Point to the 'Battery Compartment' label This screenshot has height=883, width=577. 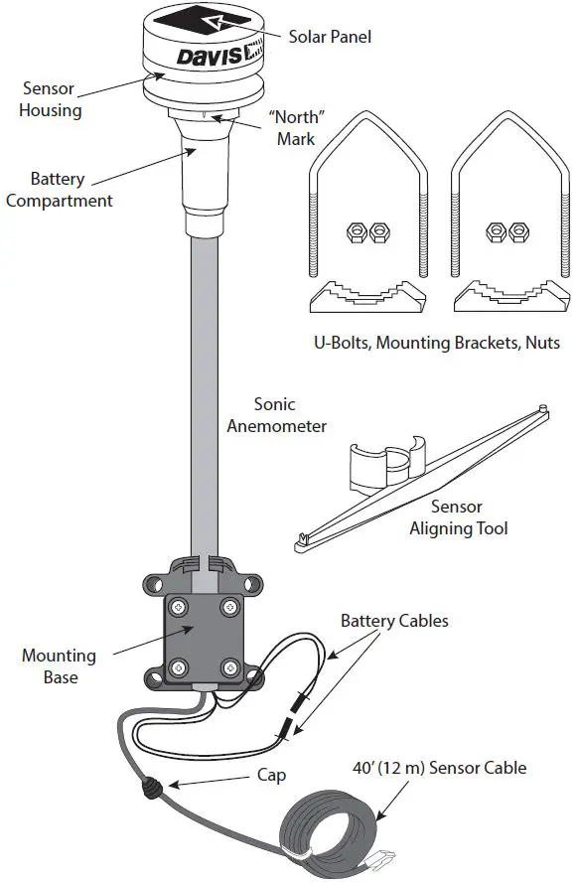tap(58, 190)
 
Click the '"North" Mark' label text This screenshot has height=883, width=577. tap(297, 127)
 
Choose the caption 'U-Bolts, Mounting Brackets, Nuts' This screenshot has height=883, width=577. tap(436, 343)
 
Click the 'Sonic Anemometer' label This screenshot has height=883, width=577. tap(276, 415)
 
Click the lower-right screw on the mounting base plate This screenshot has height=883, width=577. tap(231, 664)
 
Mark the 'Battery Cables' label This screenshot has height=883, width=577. tap(394, 621)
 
